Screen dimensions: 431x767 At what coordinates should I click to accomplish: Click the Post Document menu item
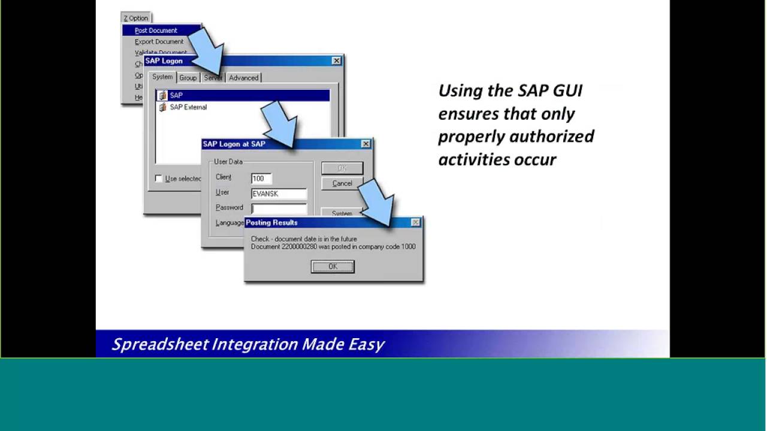click(156, 31)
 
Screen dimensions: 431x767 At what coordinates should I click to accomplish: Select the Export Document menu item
click(159, 42)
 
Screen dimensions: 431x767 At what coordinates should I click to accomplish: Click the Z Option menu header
click(136, 18)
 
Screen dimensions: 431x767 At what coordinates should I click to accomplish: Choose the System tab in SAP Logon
click(162, 77)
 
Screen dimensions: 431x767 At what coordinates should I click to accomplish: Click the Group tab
click(188, 78)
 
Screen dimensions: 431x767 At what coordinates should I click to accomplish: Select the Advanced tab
click(243, 78)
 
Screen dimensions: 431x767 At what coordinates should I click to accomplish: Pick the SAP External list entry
click(188, 107)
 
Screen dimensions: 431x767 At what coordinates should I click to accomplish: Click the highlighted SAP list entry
click(176, 95)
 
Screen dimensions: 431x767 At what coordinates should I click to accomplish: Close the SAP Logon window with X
click(337, 60)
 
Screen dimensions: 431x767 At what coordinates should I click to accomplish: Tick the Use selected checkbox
click(158, 178)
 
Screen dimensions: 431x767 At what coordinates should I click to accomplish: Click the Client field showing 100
click(261, 178)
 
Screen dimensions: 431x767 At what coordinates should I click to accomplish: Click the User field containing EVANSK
click(279, 194)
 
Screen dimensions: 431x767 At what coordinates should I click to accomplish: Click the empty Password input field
click(279, 208)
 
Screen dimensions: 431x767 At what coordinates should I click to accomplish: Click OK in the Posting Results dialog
click(333, 266)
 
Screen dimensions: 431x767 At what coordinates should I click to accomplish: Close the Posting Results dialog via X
click(415, 223)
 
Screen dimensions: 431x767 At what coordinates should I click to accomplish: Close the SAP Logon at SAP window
click(366, 144)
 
